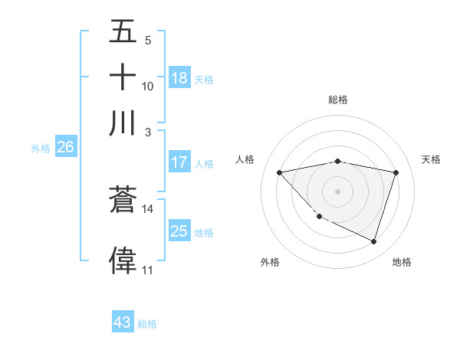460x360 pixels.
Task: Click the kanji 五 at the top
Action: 123,32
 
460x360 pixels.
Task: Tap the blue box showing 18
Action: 179,77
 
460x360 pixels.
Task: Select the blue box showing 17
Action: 179,162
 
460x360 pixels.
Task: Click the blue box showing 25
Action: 179,232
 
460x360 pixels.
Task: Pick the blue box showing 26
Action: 65,148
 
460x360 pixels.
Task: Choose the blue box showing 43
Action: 123,322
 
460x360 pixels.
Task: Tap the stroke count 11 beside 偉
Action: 147,270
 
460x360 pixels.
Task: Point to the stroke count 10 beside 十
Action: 148,87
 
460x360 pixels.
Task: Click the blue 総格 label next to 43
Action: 147,324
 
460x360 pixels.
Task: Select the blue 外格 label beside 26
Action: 41,149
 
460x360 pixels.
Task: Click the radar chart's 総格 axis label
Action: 337,100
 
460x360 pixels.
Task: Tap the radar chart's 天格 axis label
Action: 431,159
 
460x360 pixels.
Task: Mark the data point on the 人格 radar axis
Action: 280,172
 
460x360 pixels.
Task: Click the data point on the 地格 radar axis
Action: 373,241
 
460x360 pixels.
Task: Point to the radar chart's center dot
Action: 337,191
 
